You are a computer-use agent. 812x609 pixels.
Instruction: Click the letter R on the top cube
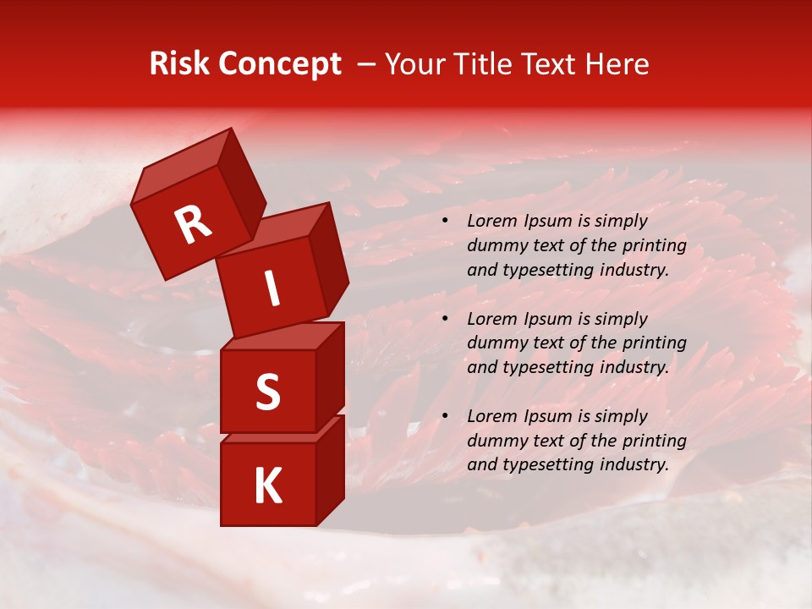click(194, 224)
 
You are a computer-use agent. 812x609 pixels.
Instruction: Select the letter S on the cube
click(267, 392)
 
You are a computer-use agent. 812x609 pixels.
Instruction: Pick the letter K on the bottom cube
click(267, 486)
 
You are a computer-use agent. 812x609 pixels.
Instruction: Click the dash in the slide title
click(366, 64)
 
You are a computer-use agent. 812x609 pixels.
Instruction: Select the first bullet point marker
click(444, 222)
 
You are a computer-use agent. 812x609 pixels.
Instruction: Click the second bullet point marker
click(444, 320)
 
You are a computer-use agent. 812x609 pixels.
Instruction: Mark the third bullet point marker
click(444, 417)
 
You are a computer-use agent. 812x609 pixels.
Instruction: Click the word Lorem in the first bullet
click(490, 221)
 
